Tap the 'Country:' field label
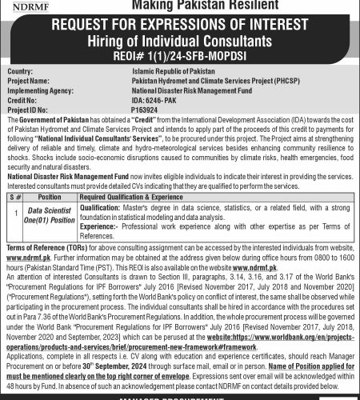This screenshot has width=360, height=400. (21, 72)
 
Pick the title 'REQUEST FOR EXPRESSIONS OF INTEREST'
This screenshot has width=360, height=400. (180, 25)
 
